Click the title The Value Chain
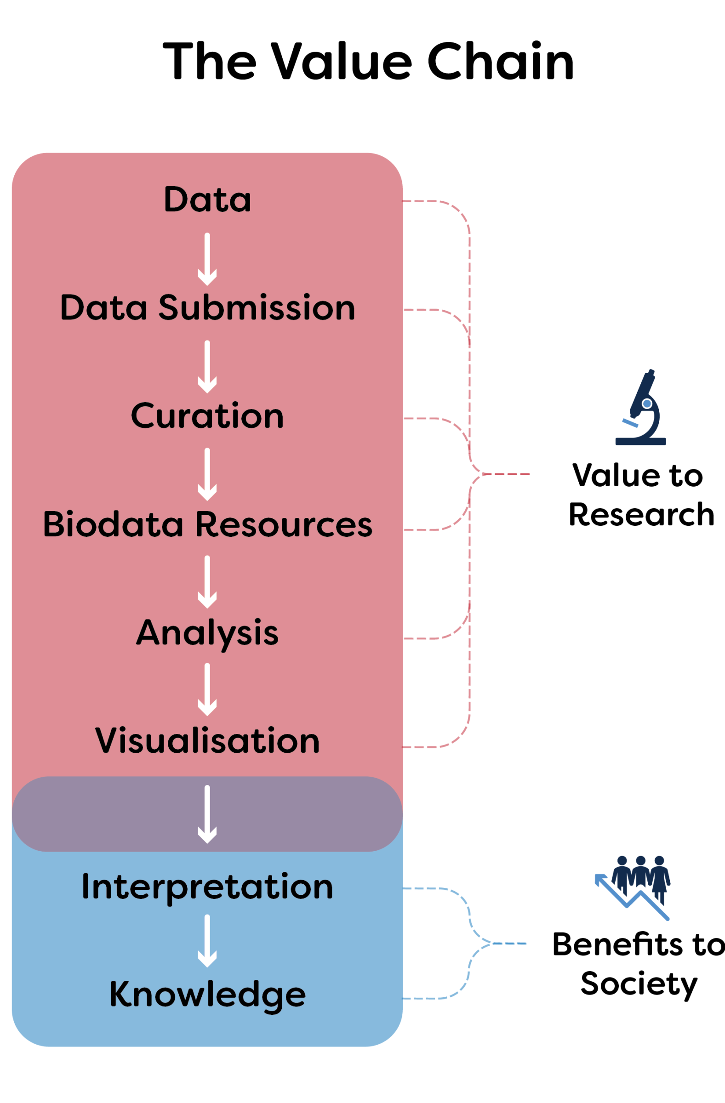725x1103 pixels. coord(369,61)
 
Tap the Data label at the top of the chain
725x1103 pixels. coord(207,199)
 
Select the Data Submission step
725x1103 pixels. coord(207,307)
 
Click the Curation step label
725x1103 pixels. coord(207,416)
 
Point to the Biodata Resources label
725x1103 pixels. coord(207,524)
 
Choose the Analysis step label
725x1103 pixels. coord(207,633)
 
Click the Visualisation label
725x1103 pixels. coord(207,740)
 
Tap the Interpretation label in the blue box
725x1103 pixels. coord(207,887)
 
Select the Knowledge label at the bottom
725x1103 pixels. coord(207,995)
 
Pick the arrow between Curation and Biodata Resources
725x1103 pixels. coord(207,474)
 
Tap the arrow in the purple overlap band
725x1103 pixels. coord(207,814)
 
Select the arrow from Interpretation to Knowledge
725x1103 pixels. coord(207,941)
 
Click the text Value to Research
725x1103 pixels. coord(640,495)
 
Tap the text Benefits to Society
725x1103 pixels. coord(639,964)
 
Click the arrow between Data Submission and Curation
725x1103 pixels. coord(207,367)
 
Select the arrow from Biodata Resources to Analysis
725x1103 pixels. coord(207,582)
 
